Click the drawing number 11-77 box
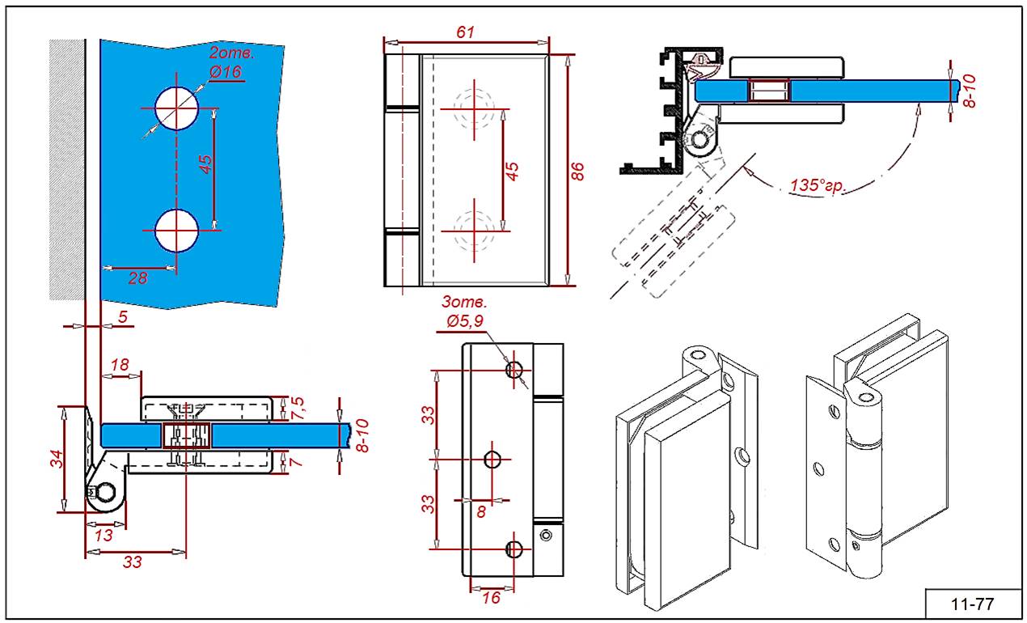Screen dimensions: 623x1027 tap(974, 603)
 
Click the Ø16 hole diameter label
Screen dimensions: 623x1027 tap(226, 72)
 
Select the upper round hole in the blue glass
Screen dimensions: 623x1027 tap(177, 107)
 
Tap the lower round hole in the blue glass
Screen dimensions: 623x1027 tap(177, 230)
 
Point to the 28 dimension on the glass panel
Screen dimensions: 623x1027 tap(138, 278)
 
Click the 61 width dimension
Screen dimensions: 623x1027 tap(465, 32)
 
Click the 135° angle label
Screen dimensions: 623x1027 tap(818, 186)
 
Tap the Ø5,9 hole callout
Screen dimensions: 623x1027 tap(463, 322)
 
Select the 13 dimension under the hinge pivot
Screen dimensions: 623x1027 tap(104, 535)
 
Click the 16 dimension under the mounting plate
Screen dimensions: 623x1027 tap(491, 598)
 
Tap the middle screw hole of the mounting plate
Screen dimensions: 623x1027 tap(493, 460)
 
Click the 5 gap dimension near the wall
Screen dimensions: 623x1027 tap(122, 317)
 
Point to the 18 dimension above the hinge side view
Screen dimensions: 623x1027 tap(120, 365)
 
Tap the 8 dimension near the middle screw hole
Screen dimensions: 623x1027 tap(482, 511)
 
